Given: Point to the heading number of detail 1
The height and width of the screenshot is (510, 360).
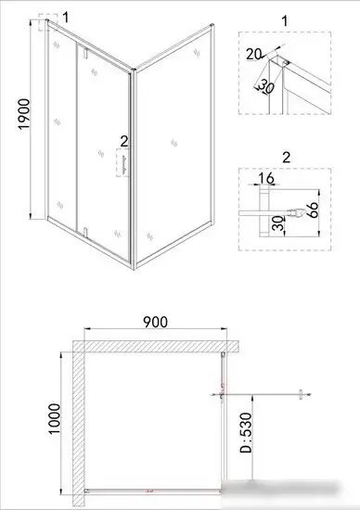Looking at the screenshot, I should click(284, 19).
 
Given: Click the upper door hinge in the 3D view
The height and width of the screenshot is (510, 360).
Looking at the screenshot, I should click(86, 60).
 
